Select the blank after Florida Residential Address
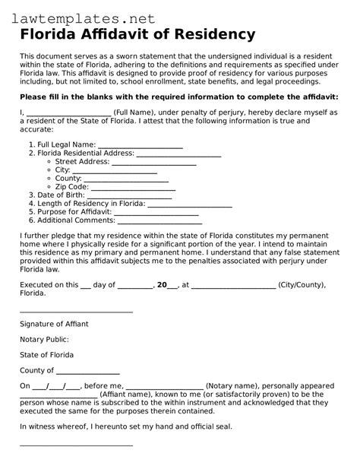178,154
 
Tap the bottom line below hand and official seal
76,445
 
